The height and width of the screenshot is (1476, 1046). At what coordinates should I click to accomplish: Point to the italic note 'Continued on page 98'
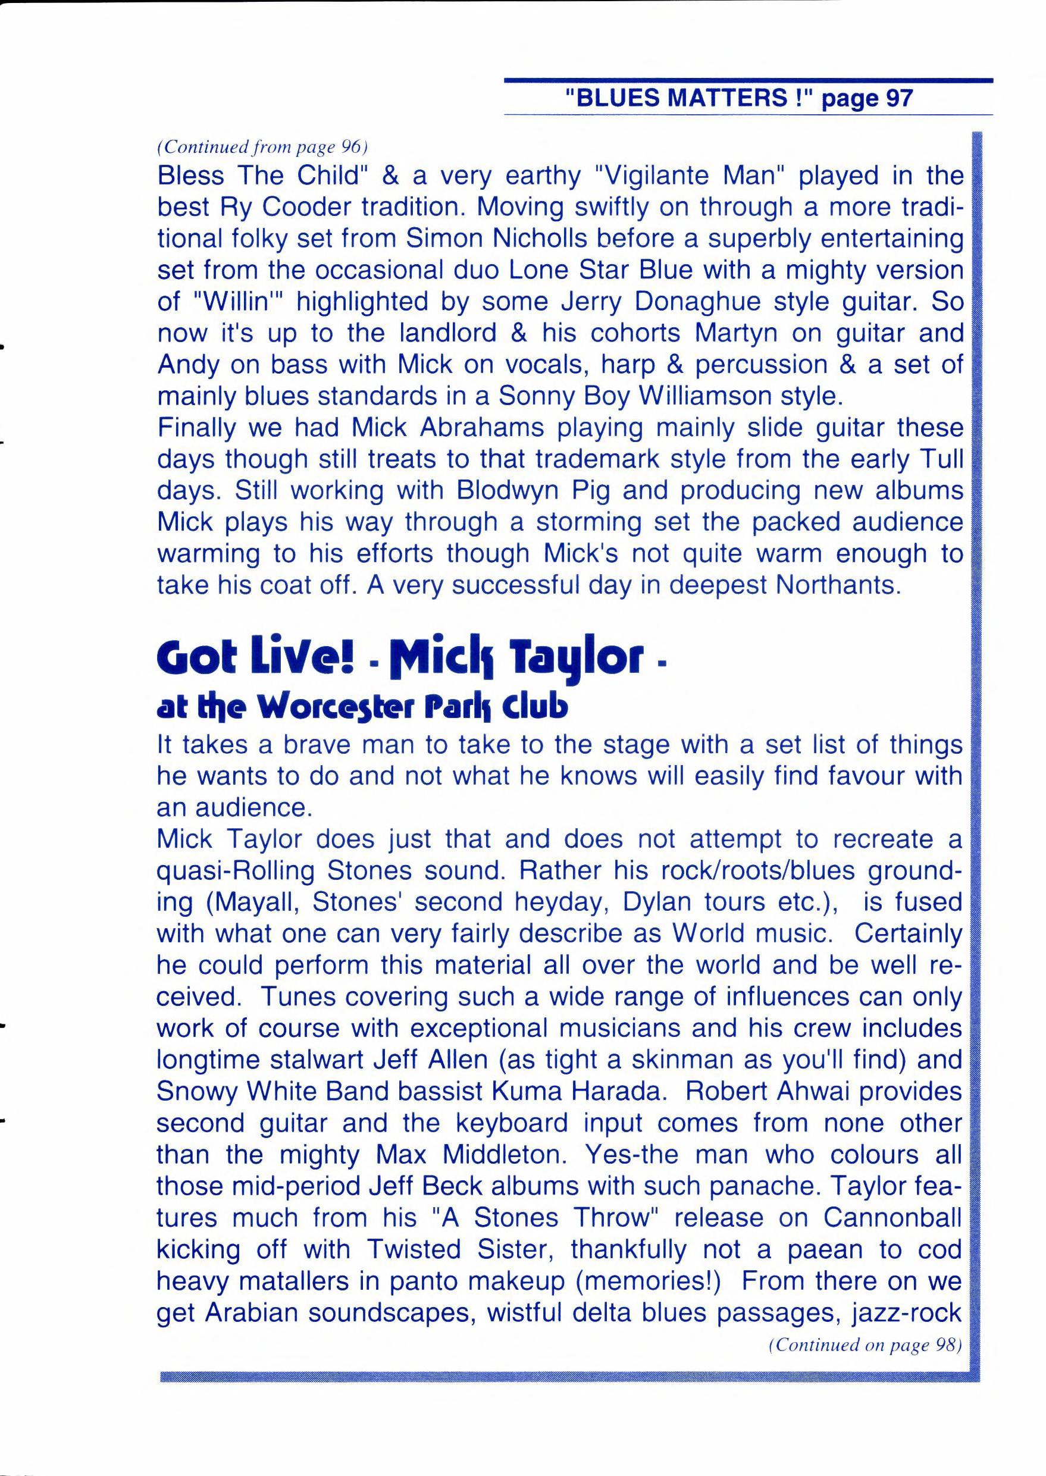[x=865, y=1345]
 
